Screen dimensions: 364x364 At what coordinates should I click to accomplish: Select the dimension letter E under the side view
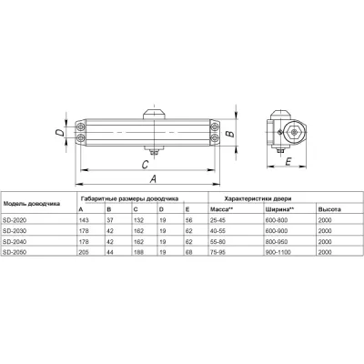click(x=288, y=164)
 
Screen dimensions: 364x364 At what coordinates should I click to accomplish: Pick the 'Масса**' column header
click(x=222, y=209)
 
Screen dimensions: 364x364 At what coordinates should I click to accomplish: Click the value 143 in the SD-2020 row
click(x=86, y=221)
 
